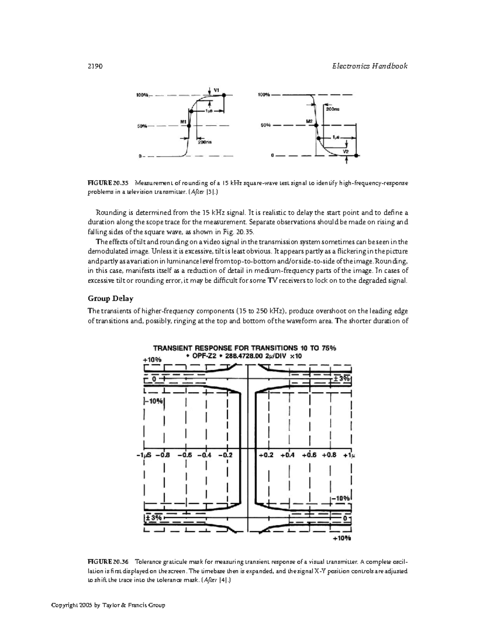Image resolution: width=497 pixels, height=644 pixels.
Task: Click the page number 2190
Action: click(x=95, y=66)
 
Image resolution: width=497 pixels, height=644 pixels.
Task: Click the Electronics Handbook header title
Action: click(x=370, y=66)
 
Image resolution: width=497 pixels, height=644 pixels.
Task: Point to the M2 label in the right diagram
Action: click(x=309, y=121)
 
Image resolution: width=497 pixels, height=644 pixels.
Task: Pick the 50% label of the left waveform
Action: click(x=142, y=126)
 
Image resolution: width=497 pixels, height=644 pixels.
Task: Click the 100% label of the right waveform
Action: click(x=264, y=95)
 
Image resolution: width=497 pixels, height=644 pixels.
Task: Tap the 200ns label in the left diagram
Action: click(x=205, y=142)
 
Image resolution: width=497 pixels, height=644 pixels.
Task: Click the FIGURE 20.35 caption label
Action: click(x=108, y=183)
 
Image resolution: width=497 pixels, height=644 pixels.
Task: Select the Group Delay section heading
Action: click(x=110, y=298)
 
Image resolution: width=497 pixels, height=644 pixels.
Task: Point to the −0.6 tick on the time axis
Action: click(x=184, y=454)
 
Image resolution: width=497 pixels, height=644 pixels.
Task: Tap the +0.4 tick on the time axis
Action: click(x=287, y=454)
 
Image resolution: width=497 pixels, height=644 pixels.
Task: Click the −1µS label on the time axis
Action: click(x=145, y=454)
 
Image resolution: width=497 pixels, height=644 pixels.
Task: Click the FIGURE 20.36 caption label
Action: click(x=108, y=562)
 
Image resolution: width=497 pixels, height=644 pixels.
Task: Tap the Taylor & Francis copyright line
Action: click(x=108, y=605)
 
